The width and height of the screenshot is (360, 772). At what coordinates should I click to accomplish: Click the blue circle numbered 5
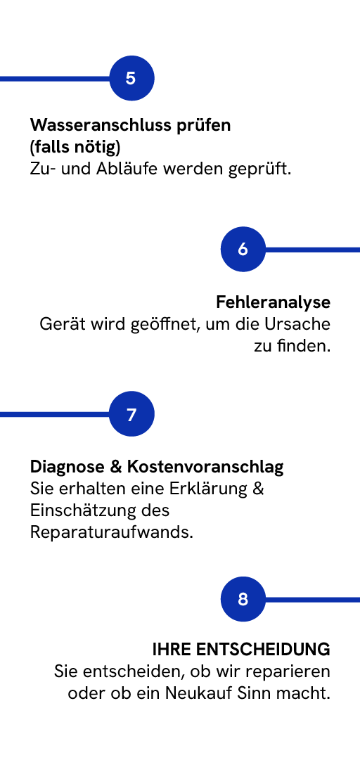point(131,78)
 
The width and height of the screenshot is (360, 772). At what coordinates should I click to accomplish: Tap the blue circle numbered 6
point(243,249)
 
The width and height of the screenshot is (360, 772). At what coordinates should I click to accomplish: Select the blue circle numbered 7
point(131,414)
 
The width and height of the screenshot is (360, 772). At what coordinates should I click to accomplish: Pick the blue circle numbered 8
point(243,599)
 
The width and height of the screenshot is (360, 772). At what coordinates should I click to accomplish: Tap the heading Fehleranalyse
point(274,302)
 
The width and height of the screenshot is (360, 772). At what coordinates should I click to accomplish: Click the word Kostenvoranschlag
point(205,467)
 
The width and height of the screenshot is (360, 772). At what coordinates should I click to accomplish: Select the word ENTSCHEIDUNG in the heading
point(263,650)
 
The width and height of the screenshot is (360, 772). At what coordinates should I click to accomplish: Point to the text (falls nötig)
point(75,147)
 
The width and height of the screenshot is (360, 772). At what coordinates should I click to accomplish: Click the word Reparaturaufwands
point(112,532)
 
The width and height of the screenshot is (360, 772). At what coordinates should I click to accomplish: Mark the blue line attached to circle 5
point(55,78)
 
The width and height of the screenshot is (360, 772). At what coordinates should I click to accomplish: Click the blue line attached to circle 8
point(313,599)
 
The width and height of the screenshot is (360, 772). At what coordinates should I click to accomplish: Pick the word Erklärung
point(211,489)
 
